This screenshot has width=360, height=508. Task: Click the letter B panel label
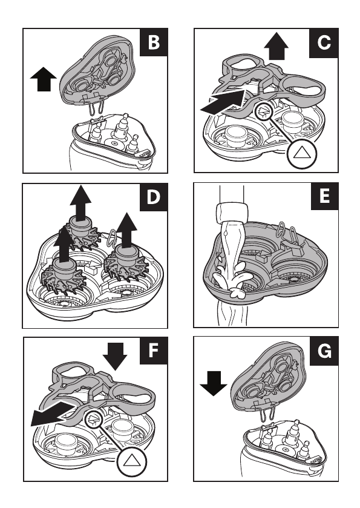pos(154,42)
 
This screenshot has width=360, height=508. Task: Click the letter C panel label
pos(324,43)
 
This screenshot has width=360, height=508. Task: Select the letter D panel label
pos(154,197)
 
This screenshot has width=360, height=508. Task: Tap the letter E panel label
pos(324,196)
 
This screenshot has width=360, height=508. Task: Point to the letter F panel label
pos(154,350)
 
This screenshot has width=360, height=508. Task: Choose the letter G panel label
pos(324,351)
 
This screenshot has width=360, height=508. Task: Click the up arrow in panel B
pos(44,79)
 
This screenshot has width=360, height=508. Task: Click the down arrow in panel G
pos(214,384)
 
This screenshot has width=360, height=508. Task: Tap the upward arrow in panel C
pos(276,47)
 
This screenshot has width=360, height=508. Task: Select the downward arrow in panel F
pos(115,357)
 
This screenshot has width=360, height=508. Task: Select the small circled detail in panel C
pos(264,112)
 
